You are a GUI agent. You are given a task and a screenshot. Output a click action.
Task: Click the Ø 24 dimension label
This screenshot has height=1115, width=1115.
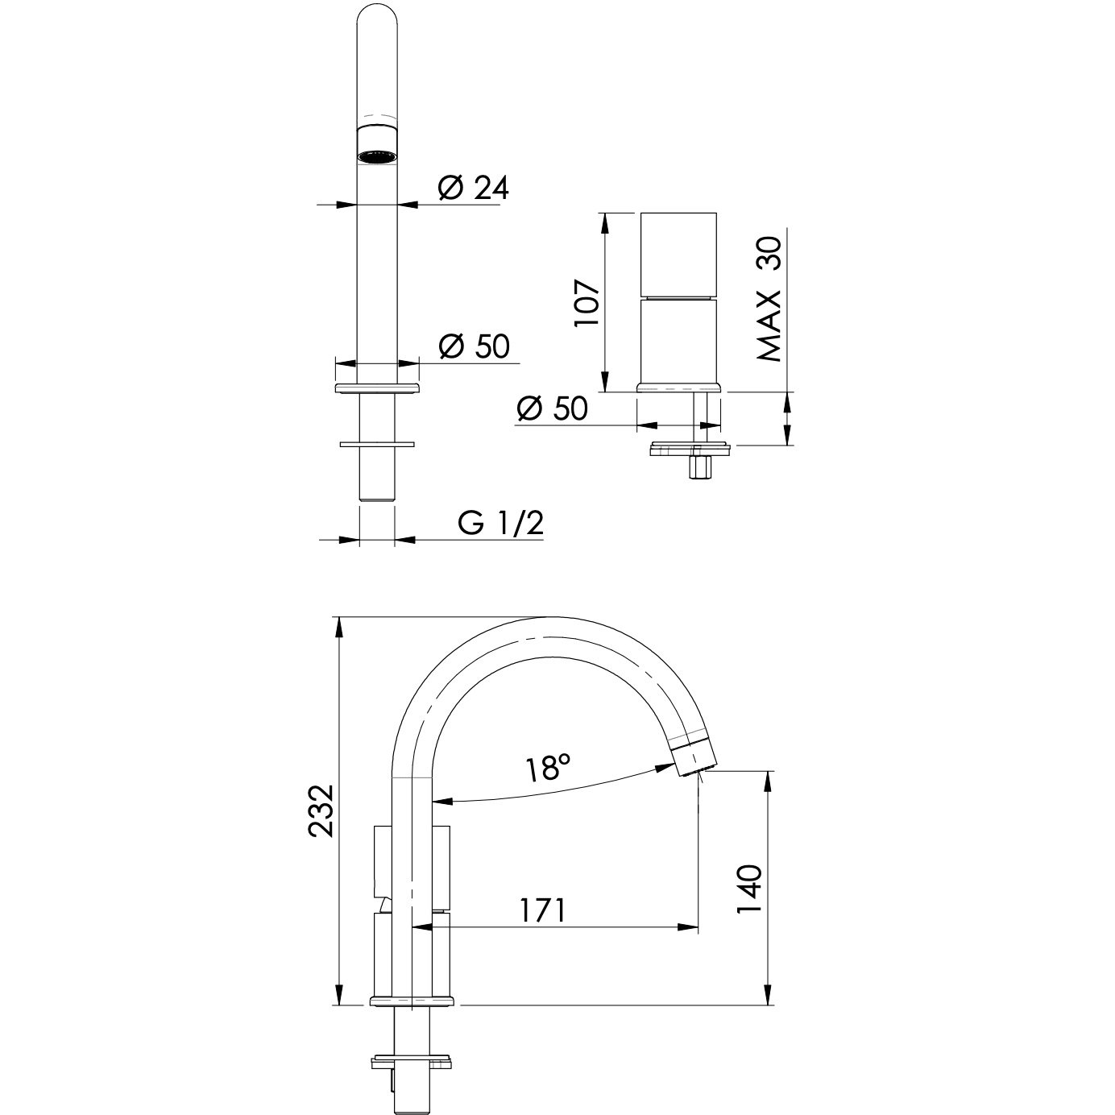474,188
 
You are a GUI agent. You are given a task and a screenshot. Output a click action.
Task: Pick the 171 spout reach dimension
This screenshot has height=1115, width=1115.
541,910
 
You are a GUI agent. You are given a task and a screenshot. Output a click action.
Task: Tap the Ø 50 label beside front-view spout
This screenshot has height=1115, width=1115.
474,346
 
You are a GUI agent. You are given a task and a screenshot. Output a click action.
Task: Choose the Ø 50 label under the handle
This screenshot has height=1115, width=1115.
553,409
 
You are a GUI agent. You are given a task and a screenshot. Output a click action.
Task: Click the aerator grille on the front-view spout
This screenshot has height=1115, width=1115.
376,155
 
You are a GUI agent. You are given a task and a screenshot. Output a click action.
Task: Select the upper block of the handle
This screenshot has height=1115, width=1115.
678,255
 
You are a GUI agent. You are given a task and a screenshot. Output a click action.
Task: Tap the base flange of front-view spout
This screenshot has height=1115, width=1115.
376,388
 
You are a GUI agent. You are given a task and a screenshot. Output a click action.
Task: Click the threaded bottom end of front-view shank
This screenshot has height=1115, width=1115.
376,491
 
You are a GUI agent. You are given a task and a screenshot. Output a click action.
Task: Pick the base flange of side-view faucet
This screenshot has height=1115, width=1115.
412,1001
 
